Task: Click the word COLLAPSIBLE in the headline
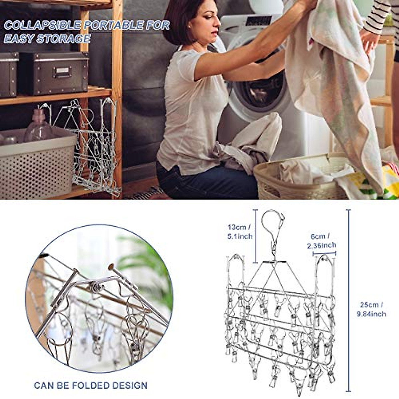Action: click(43, 26)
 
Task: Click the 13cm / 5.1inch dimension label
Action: click(240, 232)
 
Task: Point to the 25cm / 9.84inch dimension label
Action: click(371, 309)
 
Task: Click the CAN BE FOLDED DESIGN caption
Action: click(90, 386)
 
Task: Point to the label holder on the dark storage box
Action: click(63, 72)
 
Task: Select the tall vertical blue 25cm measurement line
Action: click(348, 299)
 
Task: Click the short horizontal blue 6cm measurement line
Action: click(324, 253)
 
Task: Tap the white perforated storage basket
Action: click(37, 166)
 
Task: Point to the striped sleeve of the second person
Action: click(377, 15)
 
